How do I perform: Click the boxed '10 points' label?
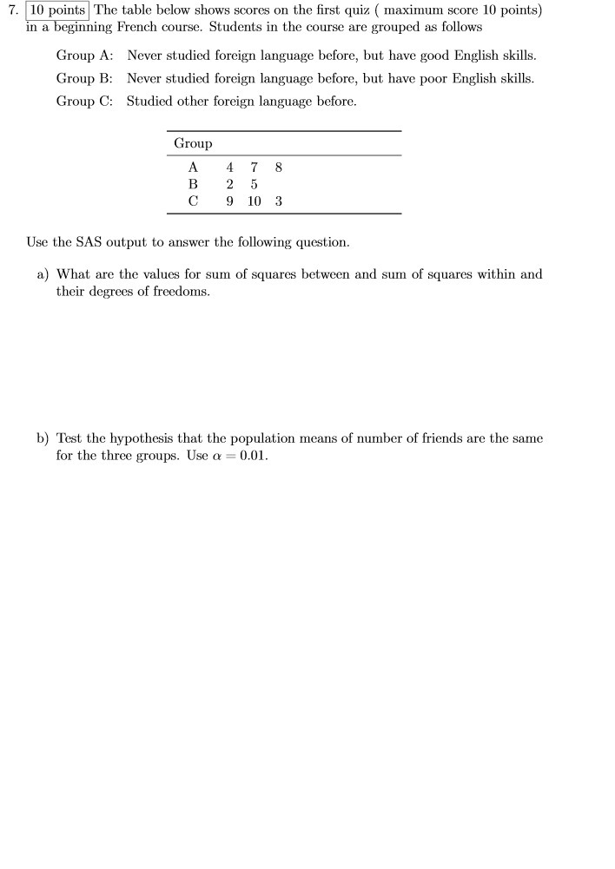coord(57,10)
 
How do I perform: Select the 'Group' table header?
coord(193,143)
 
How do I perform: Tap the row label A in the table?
coord(193,167)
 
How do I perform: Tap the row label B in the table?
coord(193,184)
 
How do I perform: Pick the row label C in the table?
coord(193,201)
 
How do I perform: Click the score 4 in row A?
coord(229,167)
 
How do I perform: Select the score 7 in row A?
coord(254,167)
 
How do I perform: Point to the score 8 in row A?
coord(278,167)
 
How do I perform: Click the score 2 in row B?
coord(229,184)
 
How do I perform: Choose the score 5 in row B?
coord(254,184)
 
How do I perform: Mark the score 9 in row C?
coord(229,201)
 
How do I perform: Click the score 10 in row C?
coord(254,201)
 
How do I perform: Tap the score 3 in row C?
coord(278,201)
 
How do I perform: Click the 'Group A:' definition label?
coord(85,56)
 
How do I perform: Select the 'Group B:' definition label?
coord(85,78)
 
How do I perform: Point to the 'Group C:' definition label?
coord(85,101)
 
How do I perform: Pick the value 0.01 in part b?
coord(253,456)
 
